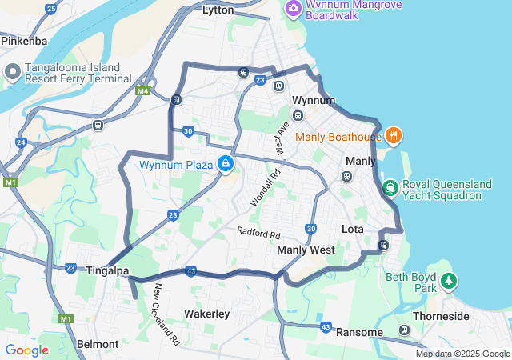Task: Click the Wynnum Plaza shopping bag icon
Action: [x=226, y=165]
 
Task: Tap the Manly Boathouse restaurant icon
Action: [x=393, y=135]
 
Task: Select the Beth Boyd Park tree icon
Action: [x=449, y=281]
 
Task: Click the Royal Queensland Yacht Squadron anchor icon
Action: [x=390, y=188]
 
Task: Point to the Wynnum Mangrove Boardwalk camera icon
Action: [x=293, y=7]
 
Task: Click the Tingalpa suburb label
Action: [x=107, y=271]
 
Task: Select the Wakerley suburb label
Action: [x=206, y=314]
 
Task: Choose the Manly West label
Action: [x=306, y=250]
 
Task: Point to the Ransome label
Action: [x=360, y=332]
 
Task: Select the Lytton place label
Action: [x=218, y=10]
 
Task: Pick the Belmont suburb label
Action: [x=98, y=344]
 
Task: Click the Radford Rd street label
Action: [x=258, y=234]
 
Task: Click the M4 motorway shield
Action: [x=142, y=91]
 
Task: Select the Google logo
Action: [x=26, y=350]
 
